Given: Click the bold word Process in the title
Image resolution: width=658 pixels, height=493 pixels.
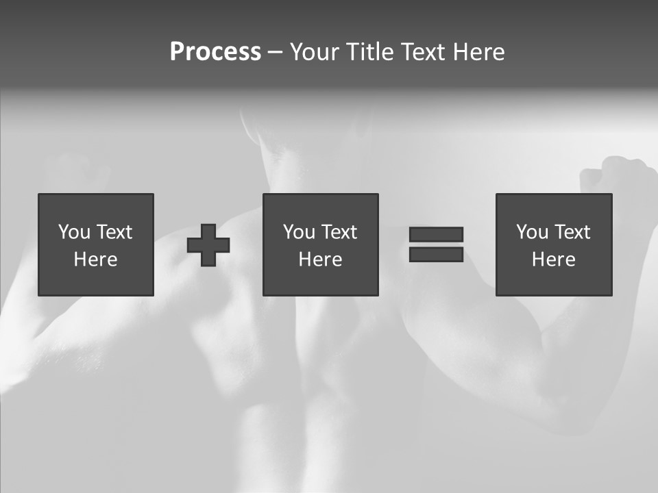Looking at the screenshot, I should (x=215, y=52).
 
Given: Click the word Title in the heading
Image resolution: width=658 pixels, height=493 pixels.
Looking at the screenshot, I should (x=367, y=52).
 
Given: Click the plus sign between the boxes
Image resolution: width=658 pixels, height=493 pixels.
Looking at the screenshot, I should (x=208, y=245).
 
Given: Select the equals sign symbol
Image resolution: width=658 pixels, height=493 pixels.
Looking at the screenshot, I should (x=436, y=244).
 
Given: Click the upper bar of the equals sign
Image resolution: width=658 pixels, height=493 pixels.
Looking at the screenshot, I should (x=436, y=235).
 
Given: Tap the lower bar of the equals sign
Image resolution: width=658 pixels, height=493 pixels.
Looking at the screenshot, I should (x=436, y=254).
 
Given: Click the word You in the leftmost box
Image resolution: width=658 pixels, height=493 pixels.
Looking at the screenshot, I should (x=73, y=232).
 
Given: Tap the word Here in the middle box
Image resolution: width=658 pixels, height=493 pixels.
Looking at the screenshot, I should (x=321, y=260).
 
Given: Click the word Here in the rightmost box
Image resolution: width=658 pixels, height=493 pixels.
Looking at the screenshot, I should (x=554, y=260).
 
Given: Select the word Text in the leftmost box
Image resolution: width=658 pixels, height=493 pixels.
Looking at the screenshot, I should (x=114, y=232).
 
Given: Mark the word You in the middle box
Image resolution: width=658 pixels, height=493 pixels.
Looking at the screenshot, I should (x=298, y=232).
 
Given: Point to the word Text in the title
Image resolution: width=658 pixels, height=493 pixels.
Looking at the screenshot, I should (x=422, y=52).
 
